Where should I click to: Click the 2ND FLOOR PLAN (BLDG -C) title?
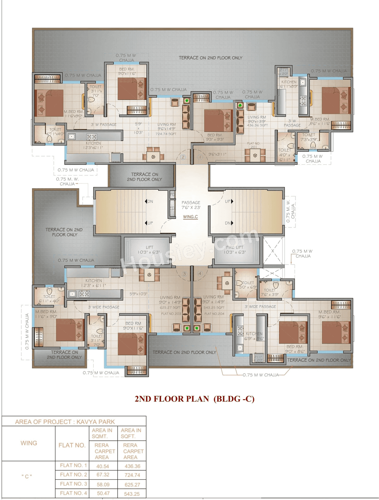coord(195,399)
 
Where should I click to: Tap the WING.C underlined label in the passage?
coord(190,217)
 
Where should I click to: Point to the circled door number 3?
coord(184,274)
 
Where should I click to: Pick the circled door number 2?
coord(183,157)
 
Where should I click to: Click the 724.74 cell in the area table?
coord(132,475)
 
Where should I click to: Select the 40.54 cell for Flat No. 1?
coord(103,466)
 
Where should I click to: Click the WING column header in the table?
coord(29,443)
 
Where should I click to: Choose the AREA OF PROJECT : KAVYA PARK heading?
coord(65,422)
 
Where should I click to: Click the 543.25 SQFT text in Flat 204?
coord(214,307)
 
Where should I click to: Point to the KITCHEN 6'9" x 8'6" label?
coord(254,336)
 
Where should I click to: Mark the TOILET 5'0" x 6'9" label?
coord(248,285)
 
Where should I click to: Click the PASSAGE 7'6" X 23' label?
coord(191,205)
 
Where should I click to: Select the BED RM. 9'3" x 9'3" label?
coord(215,137)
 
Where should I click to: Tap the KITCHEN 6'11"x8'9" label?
coord(289,84)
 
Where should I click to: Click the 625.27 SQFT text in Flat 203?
coord(170,307)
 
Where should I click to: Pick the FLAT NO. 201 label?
coord(253,145)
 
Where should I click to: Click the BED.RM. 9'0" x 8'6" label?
coord(295,349)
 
